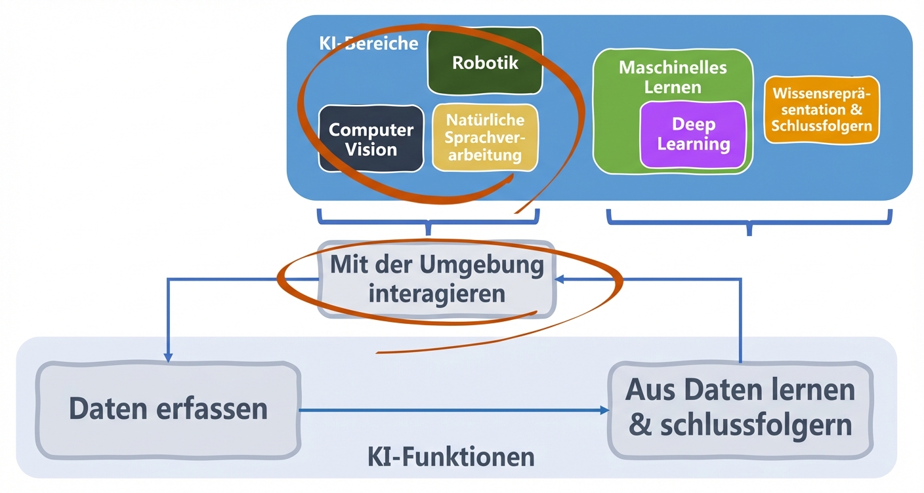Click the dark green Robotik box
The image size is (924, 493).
pos(485,62)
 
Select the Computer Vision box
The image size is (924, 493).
pos(371,139)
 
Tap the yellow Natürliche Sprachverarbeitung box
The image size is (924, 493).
pos(485,138)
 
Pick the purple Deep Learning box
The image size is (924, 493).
pos(693,134)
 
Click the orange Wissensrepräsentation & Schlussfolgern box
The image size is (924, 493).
pos(821,110)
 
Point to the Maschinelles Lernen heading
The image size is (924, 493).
pos(673,77)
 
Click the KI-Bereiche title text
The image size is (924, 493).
pos(368,43)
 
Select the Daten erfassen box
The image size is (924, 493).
pos(169,408)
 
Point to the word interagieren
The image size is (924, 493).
pos(437,293)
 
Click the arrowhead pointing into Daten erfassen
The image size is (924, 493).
pos(169,357)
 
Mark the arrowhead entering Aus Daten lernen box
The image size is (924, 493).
pos(604,410)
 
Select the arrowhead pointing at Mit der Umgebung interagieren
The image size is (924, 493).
pos(558,279)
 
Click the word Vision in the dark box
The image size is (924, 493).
pos(371,149)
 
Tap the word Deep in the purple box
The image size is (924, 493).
pos(693,125)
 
